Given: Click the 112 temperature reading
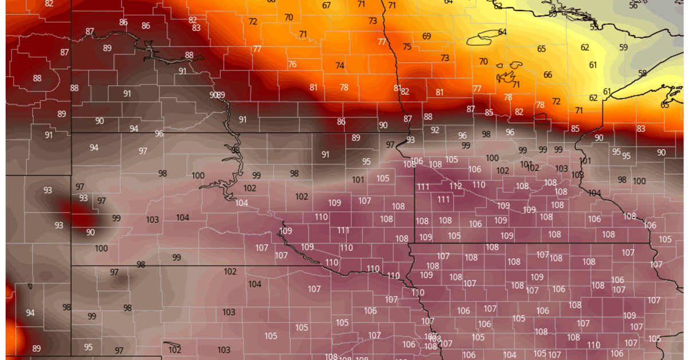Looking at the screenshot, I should (456, 186).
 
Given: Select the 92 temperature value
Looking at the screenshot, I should (435, 130).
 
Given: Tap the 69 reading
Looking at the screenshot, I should (427, 36).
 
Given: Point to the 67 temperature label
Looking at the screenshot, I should (326, 6).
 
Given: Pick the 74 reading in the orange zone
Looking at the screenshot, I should (340, 65).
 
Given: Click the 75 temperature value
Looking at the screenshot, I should (407, 47).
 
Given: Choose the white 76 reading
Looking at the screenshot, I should (292, 64).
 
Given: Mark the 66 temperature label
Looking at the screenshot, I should (548, 75).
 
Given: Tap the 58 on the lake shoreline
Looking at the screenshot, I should (642, 73).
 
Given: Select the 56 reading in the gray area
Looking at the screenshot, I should (633, 5).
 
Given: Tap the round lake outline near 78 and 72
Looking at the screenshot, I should (540, 118).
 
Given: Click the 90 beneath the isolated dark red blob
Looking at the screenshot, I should (91, 232).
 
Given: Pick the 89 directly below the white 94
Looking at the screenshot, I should (37, 348).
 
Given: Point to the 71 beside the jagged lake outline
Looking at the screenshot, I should (516, 84).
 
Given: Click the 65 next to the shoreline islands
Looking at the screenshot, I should (665, 105).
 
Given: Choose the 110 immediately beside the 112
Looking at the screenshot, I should (479, 185).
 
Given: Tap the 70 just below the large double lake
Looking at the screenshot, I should (483, 61).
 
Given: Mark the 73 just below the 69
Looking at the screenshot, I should (445, 58).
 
